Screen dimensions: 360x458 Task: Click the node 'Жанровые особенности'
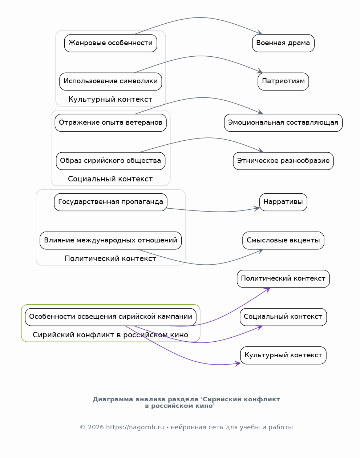point(110,43)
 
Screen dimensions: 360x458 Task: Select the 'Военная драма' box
point(283,43)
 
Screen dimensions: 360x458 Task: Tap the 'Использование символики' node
point(110,81)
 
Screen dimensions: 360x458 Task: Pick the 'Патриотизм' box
point(283,81)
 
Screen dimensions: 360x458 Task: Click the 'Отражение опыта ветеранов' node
point(110,123)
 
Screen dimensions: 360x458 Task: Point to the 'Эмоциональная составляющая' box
point(283,123)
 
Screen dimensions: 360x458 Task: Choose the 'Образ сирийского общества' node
point(110,161)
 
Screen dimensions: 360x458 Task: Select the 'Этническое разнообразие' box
point(283,161)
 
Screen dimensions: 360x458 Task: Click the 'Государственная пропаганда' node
point(110,202)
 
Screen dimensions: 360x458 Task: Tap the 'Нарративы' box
point(283,202)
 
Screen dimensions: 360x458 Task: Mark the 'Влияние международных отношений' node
point(110,241)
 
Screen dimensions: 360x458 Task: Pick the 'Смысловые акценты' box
point(283,241)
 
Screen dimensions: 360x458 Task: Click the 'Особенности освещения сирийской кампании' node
point(110,317)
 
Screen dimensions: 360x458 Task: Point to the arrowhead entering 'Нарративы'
point(256,208)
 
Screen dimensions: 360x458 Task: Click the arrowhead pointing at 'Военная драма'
point(260,32)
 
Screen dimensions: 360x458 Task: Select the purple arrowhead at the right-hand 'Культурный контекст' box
point(238,363)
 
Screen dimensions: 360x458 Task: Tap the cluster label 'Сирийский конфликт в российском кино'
point(110,335)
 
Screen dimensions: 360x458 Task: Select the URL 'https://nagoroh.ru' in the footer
point(135,427)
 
